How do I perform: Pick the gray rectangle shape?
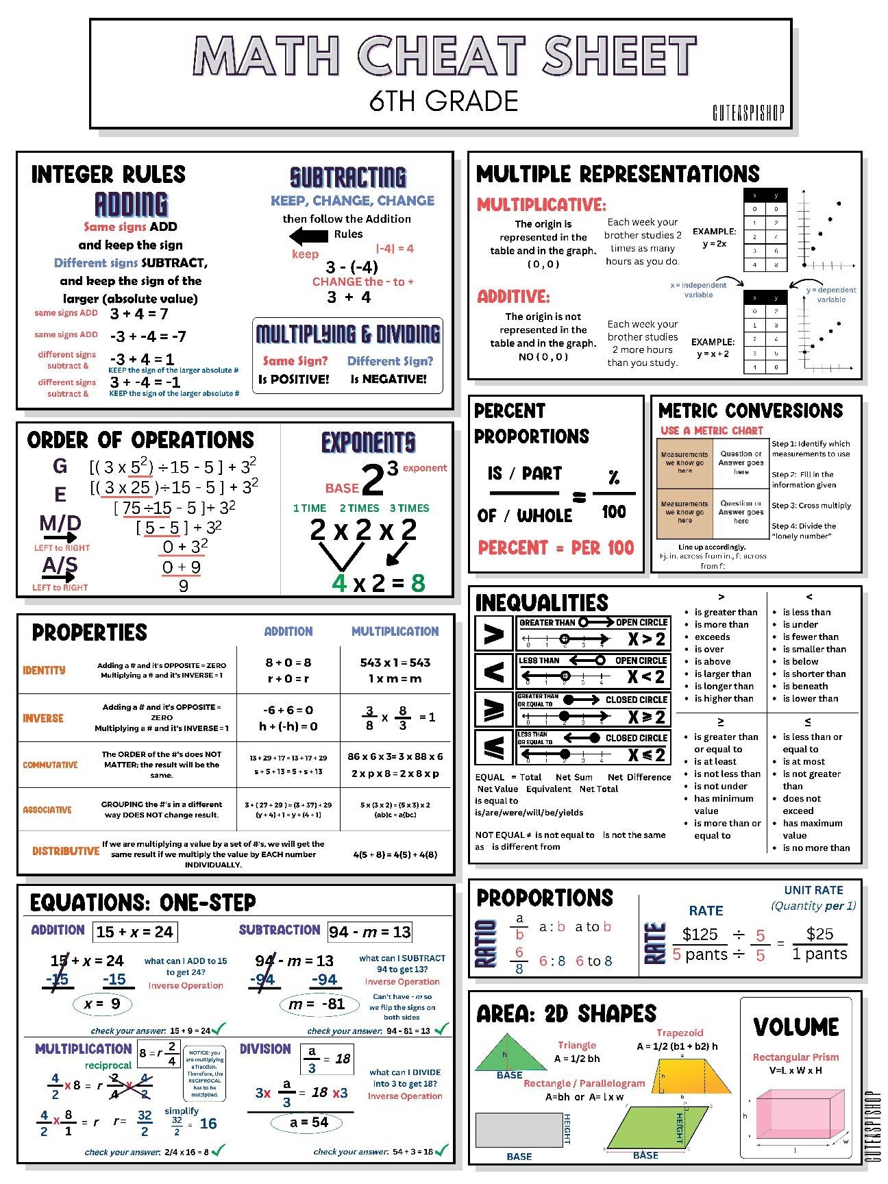[519, 1129]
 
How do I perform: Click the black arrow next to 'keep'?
[308, 236]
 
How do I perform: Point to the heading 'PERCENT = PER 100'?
[556, 547]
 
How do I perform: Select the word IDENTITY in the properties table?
[44, 670]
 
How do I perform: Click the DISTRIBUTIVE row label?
[66, 851]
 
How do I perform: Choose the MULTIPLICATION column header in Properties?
[395, 631]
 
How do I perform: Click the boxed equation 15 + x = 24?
[134, 932]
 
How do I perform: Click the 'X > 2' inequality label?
[646, 639]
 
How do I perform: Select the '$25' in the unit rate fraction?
[819, 934]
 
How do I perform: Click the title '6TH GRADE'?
[443, 101]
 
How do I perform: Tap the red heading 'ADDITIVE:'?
[513, 297]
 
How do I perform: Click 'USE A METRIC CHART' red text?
[711, 430]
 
